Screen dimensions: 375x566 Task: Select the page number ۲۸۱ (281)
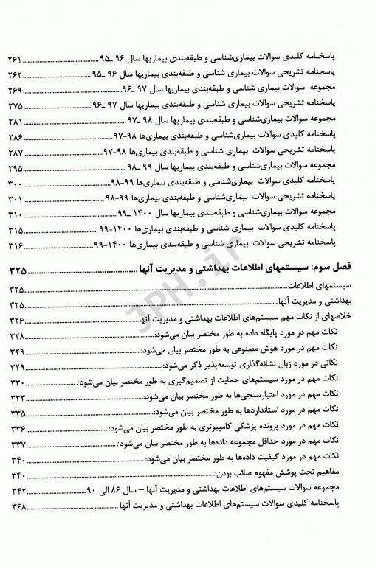click(x=16, y=120)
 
